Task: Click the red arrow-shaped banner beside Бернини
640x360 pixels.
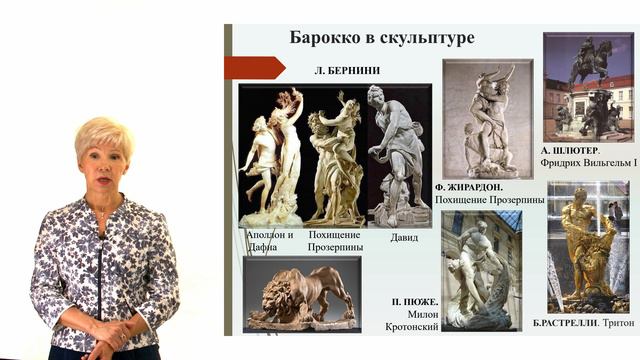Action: pos(254,68)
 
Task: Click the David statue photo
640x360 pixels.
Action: pos(397,155)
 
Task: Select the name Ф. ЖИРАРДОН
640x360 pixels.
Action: pos(469,187)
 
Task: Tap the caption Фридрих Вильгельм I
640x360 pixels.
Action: pos(589,162)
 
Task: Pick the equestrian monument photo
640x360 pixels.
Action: pos(588,87)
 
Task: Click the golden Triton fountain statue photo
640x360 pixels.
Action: pos(587,246)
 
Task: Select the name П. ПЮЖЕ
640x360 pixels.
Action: pos(413,301)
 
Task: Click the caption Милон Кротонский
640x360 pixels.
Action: pos(411,320)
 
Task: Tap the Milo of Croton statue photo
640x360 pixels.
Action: pos(480,270)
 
